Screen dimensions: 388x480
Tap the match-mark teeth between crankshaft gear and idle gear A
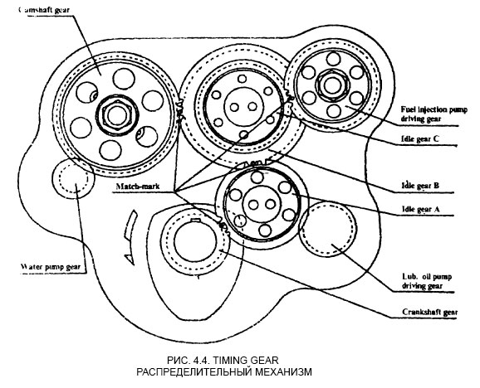(223, 224)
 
